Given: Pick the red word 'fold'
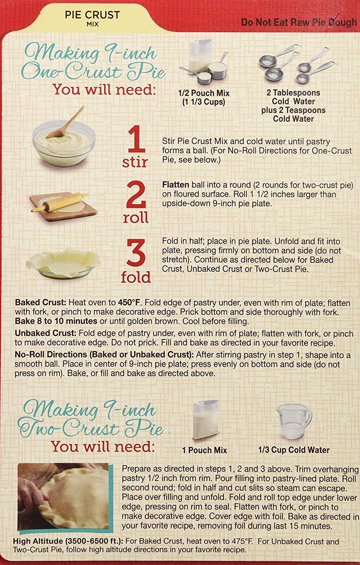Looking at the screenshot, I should point(135,277).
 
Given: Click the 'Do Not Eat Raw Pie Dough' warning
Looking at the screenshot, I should point(299,22).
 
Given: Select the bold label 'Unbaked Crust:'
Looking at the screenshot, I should point(46,333).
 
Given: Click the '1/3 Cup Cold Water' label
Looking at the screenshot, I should point(294,450).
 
